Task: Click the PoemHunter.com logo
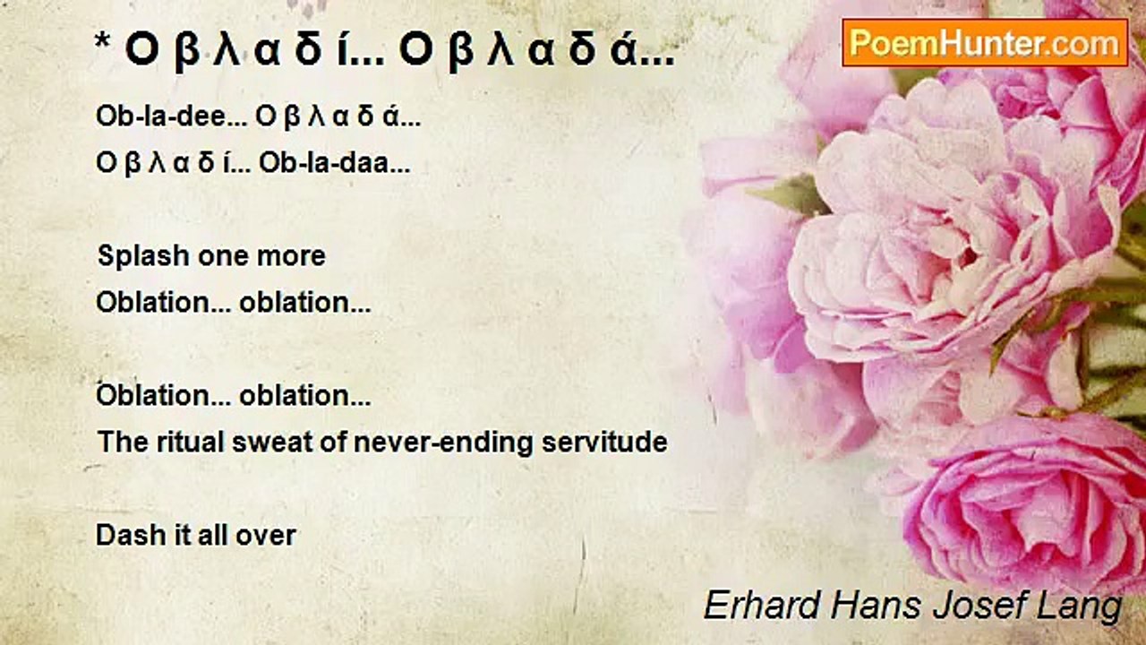click(x=985, y=42)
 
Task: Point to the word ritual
click(x=176, y=442)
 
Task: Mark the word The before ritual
click(x=120, y=442)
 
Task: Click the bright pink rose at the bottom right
click(x=1030, y=511)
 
